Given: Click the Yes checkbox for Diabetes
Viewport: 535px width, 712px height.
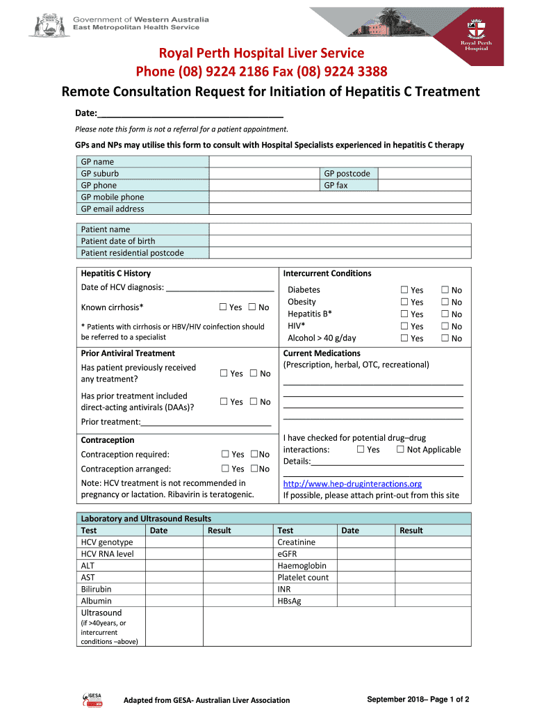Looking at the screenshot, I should pos(404,290).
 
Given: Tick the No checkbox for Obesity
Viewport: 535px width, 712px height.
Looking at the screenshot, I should pos(445,302).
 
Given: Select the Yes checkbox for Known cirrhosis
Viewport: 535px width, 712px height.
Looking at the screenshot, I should pos(223,307).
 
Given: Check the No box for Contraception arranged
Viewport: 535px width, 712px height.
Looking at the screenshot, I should pos(254,469).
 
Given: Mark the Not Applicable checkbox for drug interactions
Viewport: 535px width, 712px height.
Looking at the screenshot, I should pos(400,450).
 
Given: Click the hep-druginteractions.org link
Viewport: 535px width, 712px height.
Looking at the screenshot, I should pos(352,484).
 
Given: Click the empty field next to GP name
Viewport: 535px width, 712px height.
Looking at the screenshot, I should pos(340,162).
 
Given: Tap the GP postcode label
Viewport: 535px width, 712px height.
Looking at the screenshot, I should pos(347,174).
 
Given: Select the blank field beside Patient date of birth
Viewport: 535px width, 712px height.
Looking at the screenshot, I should pos(340,241).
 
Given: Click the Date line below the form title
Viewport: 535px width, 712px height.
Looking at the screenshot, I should pos(190,114).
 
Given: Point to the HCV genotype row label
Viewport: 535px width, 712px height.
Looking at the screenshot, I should pos(107,542).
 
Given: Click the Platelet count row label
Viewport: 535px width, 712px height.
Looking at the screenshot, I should pos(303,578).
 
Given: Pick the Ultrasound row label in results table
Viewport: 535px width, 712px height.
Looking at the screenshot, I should pos(101,613).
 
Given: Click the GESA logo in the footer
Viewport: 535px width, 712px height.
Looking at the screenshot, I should pos(92,699).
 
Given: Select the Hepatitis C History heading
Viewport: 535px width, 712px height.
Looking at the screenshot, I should pos(115,274).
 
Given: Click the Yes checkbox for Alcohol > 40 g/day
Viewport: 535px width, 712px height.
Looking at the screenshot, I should pos(404,339).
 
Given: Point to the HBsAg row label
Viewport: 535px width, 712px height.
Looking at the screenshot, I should pos(290,601).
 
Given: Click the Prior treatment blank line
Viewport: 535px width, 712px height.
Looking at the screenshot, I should pos(206,422).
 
